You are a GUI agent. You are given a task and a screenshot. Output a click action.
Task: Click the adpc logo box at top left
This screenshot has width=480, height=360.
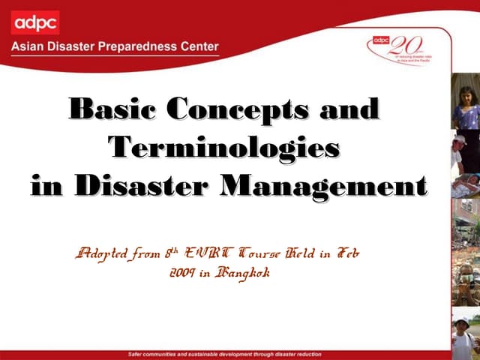tap(35, 22)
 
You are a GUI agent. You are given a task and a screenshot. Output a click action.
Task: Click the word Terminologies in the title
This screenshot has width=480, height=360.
tap(223, 146)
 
